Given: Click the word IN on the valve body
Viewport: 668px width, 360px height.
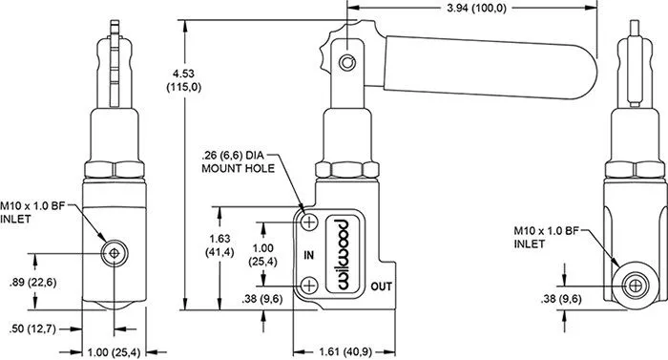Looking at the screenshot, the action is tap(309, 255).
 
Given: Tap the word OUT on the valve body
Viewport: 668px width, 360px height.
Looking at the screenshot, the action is tap(382, 286).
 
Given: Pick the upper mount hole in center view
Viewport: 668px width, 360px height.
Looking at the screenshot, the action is tap(309, 222).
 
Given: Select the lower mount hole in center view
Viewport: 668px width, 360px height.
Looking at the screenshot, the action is tap(309, 285).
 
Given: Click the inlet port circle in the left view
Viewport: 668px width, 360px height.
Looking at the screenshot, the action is tap(115, 253).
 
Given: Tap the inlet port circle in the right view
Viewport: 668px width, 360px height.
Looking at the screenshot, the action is tap(635, 286).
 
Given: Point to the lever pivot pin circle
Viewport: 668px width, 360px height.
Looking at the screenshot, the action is tap(346, 63).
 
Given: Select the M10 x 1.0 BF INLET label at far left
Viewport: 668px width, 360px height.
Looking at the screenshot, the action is tap(32, 212).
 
